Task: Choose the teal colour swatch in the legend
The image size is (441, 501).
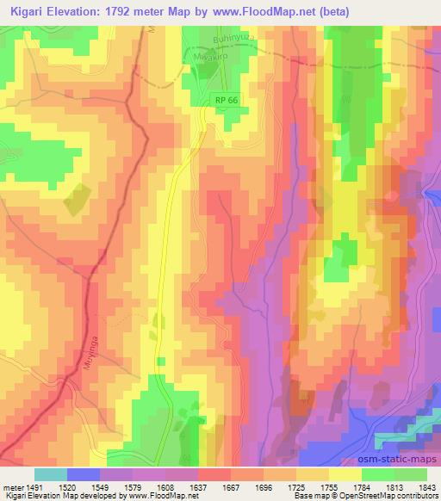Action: point(51,473)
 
